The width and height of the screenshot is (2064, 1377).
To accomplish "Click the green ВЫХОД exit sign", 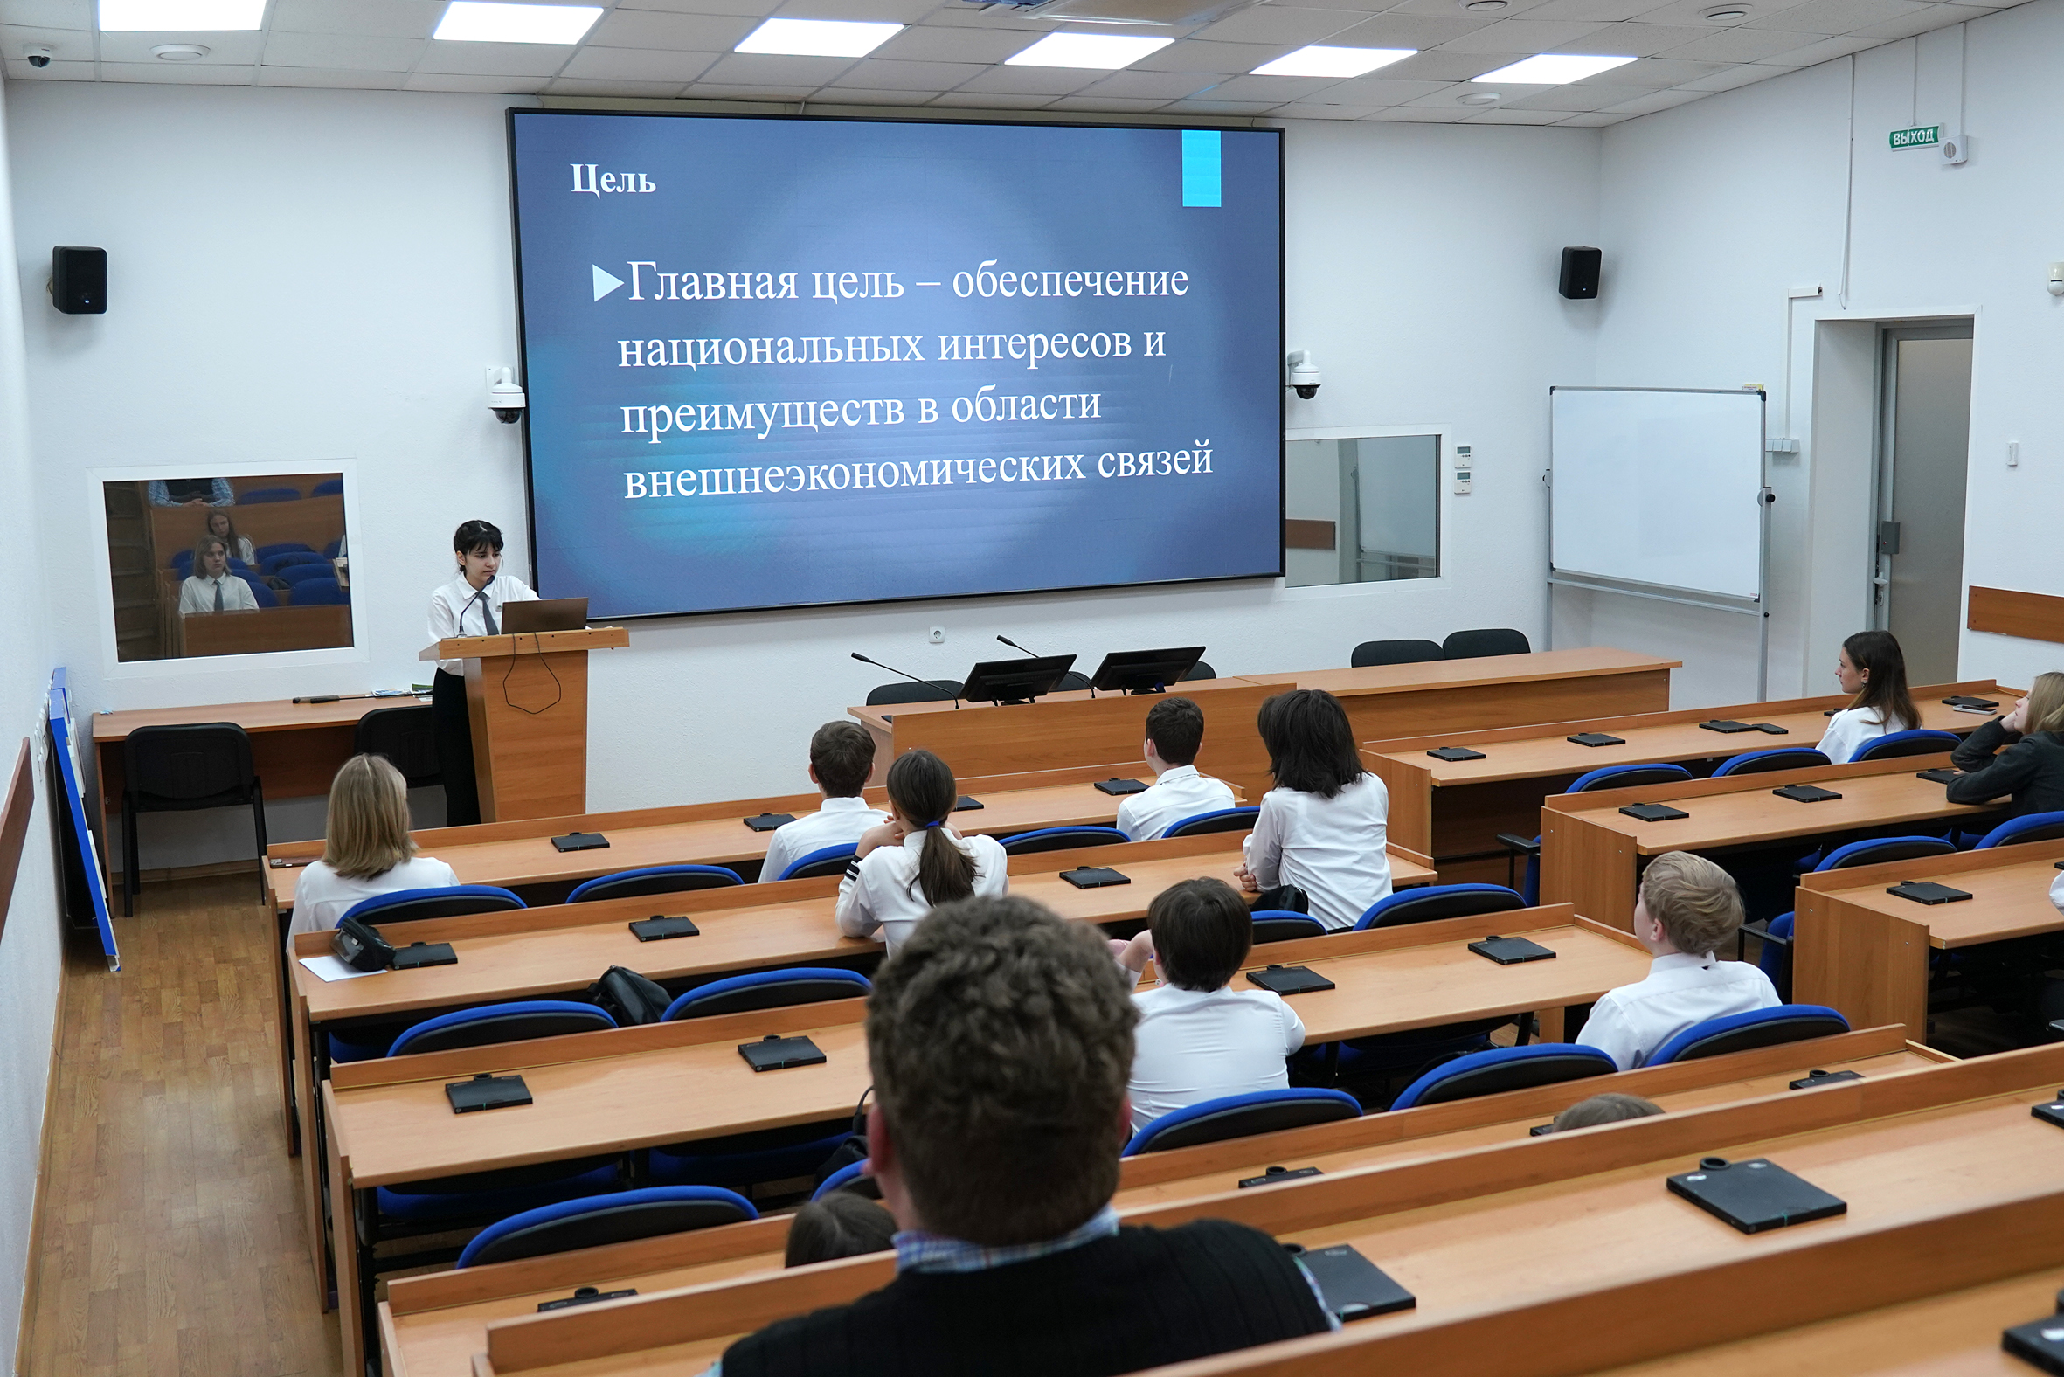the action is (x=1913, y=137).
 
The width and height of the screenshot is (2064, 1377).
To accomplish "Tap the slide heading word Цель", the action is (x=613, y=180).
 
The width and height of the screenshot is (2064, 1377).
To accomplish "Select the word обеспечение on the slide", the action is (x=1070, y=281).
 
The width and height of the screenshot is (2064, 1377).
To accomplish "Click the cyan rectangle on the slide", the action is (x=1201, y=169).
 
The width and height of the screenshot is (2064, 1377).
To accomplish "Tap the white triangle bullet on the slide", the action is (x=607, y=283).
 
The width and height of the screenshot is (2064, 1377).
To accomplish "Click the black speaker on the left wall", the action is (x=79, y=280).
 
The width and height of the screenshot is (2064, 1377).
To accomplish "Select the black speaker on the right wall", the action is (x=1579, y=273).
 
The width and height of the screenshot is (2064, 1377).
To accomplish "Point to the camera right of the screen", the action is (x=1304, y=375).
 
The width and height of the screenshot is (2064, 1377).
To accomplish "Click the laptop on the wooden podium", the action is (x=544, y=615).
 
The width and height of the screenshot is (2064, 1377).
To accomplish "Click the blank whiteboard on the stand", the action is (x=1657, y=494).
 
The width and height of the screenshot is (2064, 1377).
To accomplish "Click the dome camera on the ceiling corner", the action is (x=38, y=57).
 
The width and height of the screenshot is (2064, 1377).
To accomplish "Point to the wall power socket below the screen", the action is (x=937, y=633).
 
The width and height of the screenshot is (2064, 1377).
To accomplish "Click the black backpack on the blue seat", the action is (x=631, y=996).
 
